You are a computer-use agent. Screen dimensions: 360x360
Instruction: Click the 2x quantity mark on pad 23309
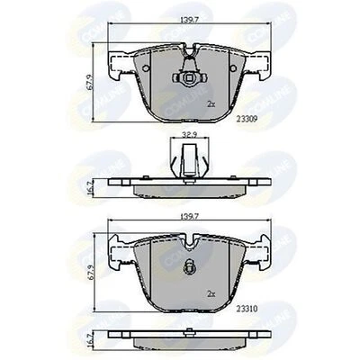point(212,104)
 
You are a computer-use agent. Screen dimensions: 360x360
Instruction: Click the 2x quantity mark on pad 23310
point(212,293)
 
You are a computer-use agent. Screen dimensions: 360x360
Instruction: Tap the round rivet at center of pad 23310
point(189,266)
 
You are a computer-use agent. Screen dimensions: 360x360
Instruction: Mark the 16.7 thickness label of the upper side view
point(88,186)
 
